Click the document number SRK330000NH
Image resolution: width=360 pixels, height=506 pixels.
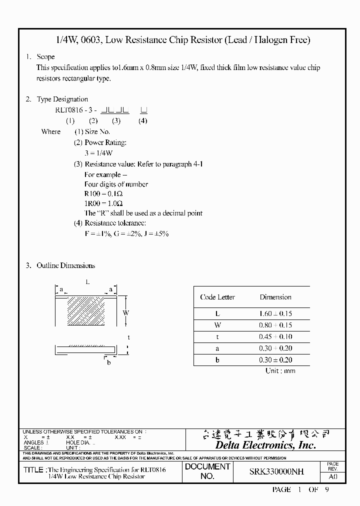pyautogui.click(x=276, y=471)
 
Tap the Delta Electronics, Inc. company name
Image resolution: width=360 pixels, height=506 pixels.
pyautogui.click(x=265, y=445)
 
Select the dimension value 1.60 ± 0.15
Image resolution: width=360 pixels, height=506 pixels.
pyautogui.click(x=275, y=314)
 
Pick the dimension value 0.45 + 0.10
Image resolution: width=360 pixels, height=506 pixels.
pyautogui.click(x=275, y=337)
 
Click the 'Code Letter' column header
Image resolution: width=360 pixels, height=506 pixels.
pyautogui.click(x=217, y=297)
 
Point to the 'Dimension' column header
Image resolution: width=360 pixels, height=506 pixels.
pyautogui.click(x=275, y=297)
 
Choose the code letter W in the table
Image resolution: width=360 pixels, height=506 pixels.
pyautogui.click(x=217, y=325)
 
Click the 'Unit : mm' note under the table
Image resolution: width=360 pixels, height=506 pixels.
pyautogui.click(x=280, y=370)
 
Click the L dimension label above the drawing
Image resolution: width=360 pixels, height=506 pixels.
pyautogui.click(x=87, y=282)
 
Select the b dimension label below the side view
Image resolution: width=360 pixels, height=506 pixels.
pyautogui.click(x=108, y=362)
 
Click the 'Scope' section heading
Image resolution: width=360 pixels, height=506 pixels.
pyautogui.click(x=45, y=57)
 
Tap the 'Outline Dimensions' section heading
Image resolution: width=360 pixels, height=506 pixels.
pyautogui.click(x=65, y=265)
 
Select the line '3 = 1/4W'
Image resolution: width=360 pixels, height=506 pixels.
pyautogui.click(x=98, y=153)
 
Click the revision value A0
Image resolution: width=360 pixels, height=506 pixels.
pyautogui.click(x=332, y=477)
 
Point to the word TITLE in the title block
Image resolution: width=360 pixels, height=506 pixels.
pyautogui.click(x=34, y=470)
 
